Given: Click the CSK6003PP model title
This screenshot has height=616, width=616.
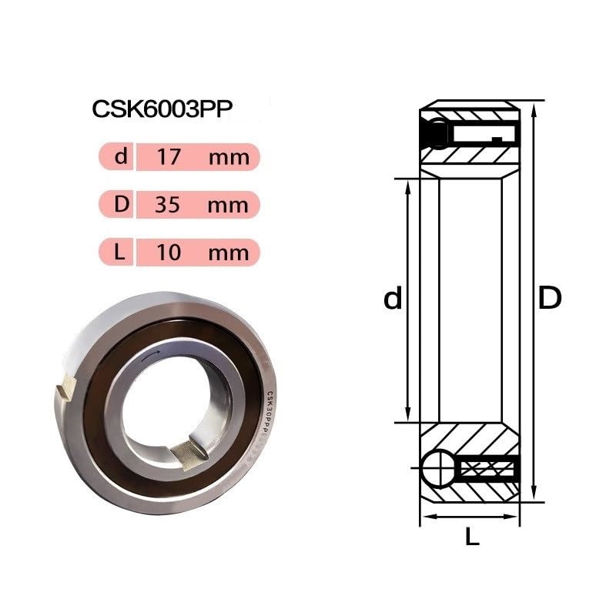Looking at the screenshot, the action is coord(162,109).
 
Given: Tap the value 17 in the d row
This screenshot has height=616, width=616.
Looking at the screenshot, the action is coord(169,157).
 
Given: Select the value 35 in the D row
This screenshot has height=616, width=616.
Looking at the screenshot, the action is coord(167,204).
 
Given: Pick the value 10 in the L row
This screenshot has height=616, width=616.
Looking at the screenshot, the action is coord(169,253).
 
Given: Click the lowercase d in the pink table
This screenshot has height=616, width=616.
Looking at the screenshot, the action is coord(121,156).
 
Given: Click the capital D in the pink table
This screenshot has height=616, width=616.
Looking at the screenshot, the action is coord(122,204).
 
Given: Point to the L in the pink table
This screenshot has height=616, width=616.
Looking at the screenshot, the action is coord(119,252).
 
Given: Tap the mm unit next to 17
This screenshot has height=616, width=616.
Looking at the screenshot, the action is coord(229,159).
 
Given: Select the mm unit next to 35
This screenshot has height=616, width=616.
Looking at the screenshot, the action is coord(228,206).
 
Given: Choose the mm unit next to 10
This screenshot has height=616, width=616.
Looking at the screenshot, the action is coord(229,254).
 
